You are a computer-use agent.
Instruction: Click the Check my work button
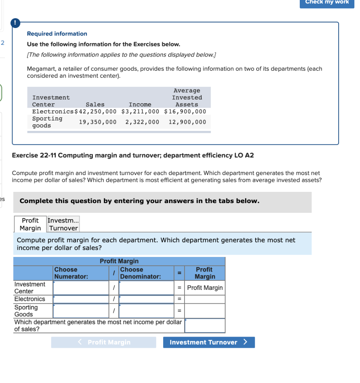click(327, 2)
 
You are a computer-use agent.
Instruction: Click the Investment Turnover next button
click(209, 342)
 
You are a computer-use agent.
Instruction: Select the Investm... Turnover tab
click(63, 224)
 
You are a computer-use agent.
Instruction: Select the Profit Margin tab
click(30, 224)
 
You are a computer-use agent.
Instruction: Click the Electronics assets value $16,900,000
click(185, 111)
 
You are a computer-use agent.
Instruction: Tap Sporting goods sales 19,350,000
click(98, 122)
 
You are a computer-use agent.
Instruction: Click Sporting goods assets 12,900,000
click(187, 122)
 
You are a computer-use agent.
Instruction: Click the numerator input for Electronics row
click(81, 299)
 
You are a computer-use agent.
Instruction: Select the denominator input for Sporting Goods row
click(146, 311)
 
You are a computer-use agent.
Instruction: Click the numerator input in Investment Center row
click(81, 288)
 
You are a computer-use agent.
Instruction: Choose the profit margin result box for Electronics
click(205, 299)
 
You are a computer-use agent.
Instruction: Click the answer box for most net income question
click(205, 325)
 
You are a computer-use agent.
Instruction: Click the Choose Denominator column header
click(141, 273)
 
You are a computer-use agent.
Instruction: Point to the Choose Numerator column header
click(71, 273)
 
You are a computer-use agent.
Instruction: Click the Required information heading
click(57, 34)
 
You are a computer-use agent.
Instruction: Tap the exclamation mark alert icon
click(15, 22)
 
